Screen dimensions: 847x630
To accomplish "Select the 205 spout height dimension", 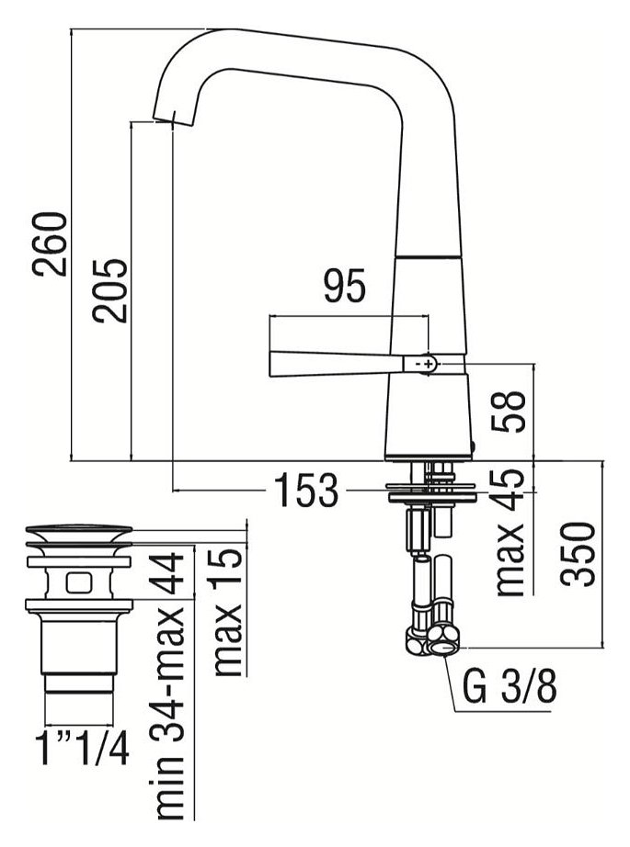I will (x=110, y=289).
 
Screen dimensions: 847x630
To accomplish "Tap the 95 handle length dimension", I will (x=344, y=287).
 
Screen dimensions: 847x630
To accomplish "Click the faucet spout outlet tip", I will (x=163, y=117).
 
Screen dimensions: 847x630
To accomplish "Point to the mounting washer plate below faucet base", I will (x=430, y=491).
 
